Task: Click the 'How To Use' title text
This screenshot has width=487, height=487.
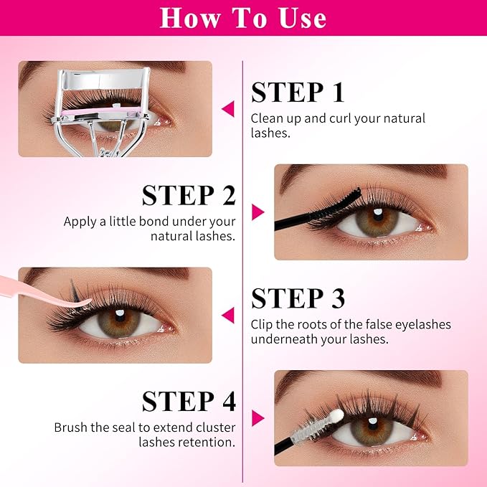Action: [x=243, y=18]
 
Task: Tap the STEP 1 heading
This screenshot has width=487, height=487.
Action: [x=298, y=93]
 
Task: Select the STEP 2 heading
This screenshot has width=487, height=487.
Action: [x=189, y=195]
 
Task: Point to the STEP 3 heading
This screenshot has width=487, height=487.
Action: [x=298, y=298]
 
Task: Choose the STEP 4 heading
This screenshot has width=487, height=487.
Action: [x=189, y=401]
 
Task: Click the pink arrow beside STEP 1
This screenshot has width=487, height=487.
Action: [x=228, y=109]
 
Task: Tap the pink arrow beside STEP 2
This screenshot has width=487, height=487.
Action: [x=257, y=212]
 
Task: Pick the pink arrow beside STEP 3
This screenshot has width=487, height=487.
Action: [x=228, y=315]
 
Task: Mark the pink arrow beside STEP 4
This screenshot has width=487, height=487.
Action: [x=257, y=418]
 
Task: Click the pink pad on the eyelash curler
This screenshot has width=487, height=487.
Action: [x=101, y=111]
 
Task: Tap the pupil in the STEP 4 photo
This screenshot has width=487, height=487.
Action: [x=373, y=424]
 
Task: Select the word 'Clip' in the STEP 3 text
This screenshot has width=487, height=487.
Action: [x=262, y=325]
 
